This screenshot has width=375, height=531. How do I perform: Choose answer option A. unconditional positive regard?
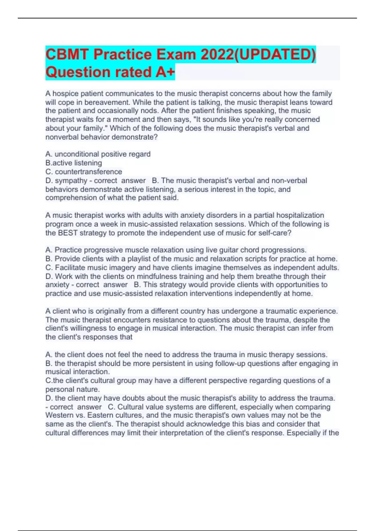tap(98, 154)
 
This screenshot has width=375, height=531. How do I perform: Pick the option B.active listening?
tap(74, 163)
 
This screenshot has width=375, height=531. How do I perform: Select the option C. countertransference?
tap(84, 171)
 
